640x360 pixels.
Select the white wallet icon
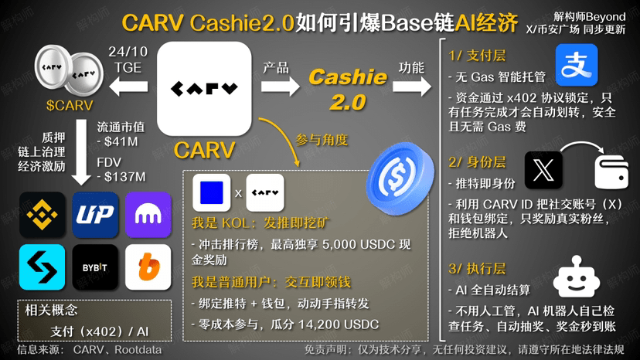[x=613, y=171]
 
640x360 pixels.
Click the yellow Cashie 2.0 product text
[x=348, y=88]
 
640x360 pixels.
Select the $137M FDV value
[x=124, y=177]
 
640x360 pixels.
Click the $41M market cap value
[x=121, y=142]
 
